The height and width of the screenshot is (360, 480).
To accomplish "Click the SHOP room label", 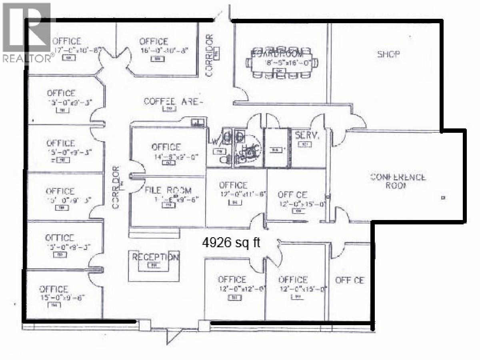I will point(388,54).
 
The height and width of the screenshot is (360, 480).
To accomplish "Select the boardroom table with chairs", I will point(282,63).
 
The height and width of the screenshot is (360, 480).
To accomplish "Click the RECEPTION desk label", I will point(155,257).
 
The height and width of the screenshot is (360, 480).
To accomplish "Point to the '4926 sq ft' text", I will point(230,242).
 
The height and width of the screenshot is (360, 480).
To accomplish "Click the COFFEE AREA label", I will point(173,102).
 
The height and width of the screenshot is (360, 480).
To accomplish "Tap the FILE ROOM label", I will point(168,191).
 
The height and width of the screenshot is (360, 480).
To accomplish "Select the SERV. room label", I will point(307,136).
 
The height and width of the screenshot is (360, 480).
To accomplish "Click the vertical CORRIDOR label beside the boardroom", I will point(209,56).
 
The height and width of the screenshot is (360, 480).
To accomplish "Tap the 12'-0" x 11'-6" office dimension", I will point(242,194).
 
